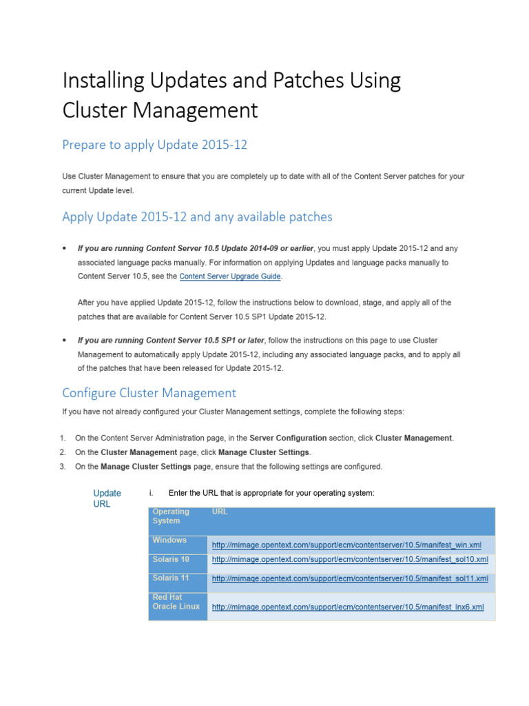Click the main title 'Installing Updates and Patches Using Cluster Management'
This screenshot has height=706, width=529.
point(231,95)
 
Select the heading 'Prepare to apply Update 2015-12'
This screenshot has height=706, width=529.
point(154,145)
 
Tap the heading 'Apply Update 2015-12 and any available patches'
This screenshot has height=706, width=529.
point(197,216)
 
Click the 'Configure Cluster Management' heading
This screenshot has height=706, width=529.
point(149,393)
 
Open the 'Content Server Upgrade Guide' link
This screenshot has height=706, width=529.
point(230,276)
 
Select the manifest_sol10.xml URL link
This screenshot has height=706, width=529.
point(350,559)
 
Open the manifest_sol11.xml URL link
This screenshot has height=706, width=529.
point(350,578)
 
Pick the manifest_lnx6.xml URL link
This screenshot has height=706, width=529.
point(348,607)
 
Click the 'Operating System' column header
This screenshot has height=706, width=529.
point(171,516)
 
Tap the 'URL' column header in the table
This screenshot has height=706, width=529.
point(220,512)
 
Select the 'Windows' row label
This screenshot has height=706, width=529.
point(169,541)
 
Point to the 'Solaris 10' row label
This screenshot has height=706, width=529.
point(171,559)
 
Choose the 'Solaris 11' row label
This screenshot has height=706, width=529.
point(171,578)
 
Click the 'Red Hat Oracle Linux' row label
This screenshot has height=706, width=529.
point(176,601)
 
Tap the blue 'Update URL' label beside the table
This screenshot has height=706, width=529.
point(107,498)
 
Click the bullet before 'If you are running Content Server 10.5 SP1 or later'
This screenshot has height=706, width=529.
point(64,341)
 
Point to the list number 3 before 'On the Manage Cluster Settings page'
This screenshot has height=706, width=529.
point(62,467)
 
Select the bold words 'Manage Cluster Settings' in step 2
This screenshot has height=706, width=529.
point(264,452)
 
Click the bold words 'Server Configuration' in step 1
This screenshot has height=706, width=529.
point(288,438)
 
